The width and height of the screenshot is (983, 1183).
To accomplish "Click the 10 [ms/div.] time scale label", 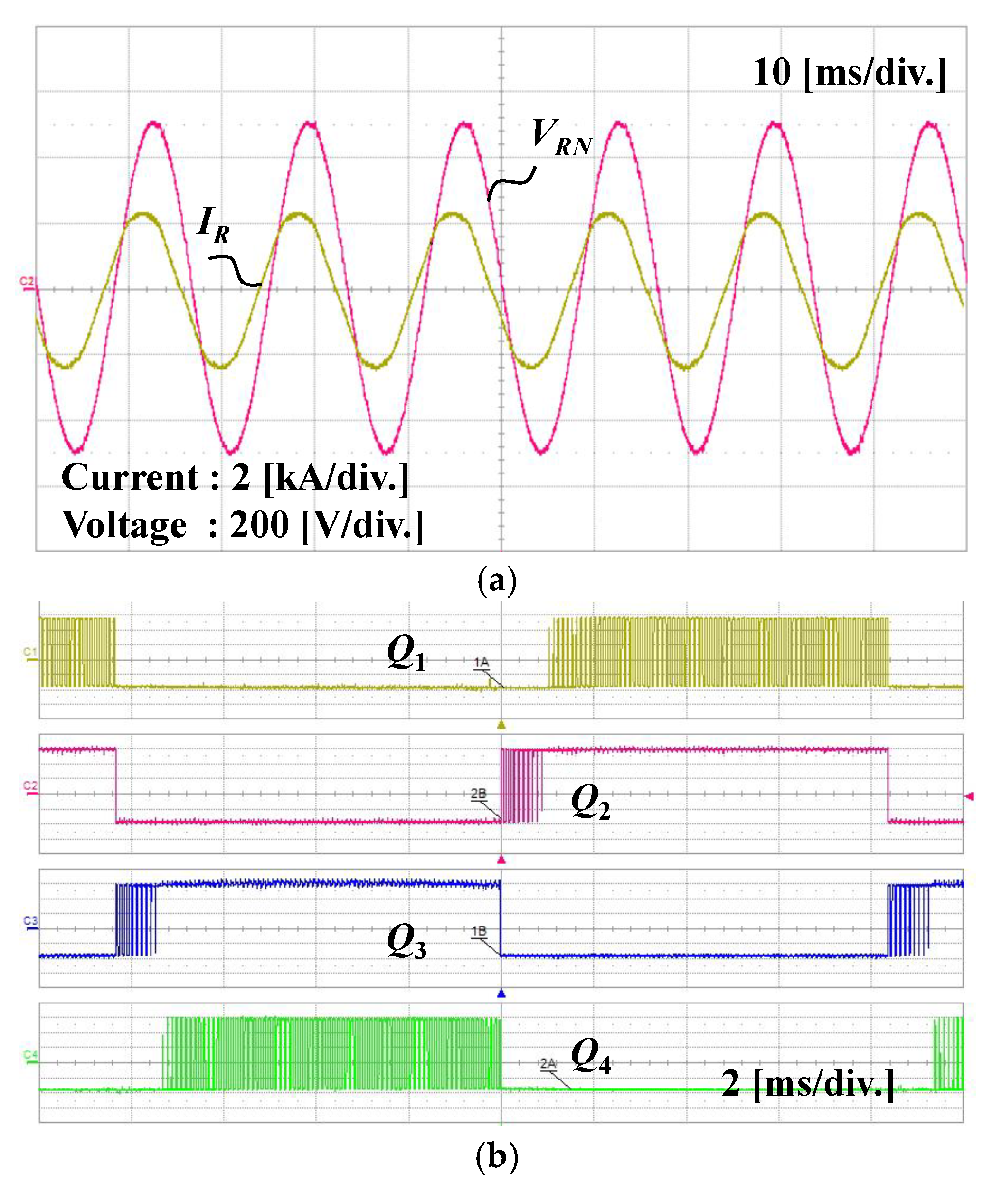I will pos(849,73).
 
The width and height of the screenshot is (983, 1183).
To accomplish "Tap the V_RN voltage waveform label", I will pos(560,137).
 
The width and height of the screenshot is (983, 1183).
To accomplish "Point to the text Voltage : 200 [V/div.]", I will pos(242,525).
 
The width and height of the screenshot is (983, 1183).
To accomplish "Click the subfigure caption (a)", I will pos(496,580).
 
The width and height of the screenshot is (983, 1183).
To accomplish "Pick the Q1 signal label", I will pos(406,653).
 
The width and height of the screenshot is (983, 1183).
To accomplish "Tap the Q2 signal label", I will pos(590,802).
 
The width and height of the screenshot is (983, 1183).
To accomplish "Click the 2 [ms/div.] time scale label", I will pos(807,1083).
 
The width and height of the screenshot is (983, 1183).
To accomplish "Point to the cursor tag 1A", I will pos(481,662).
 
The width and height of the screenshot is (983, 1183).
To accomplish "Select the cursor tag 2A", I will pos(548,1064).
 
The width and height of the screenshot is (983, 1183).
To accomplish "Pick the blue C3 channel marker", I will pos(30,921).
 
